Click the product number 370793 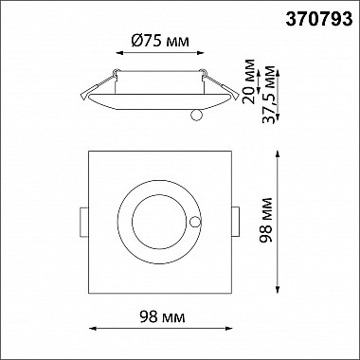click(x=319, y=20)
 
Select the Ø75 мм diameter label click(x=160, y=41)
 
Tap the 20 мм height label click(x=249, y=81)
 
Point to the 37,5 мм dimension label click(x=268, y=95)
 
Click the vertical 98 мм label click(x=265, y=220)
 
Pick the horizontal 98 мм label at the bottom click(x=162, y=316)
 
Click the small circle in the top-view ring click(x=195, y=222)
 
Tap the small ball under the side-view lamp click(x=196, y=115)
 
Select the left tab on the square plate click(x=84, y=222)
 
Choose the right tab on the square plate click(x=235, y=222)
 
